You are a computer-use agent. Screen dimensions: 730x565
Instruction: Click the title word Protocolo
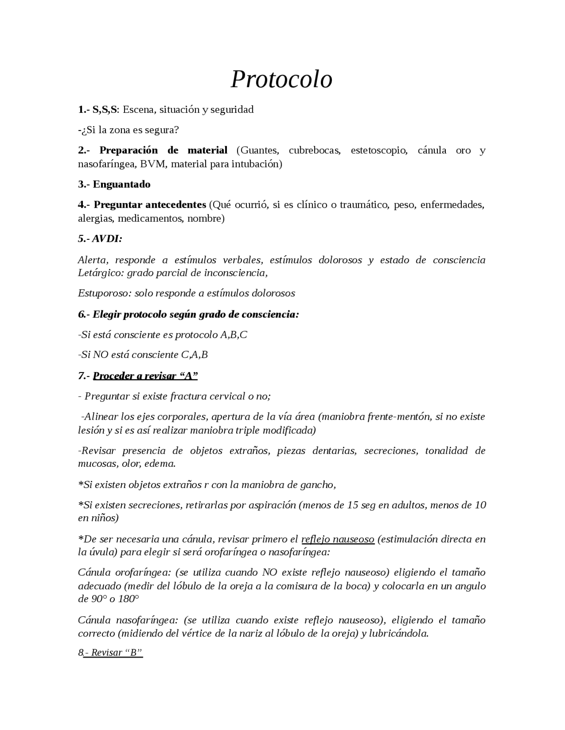click(281, 79)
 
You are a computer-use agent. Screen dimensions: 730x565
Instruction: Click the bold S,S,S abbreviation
click(105, 109)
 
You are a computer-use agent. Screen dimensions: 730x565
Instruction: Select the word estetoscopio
click(378, 150)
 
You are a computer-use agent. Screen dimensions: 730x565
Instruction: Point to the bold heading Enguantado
click(121, 184)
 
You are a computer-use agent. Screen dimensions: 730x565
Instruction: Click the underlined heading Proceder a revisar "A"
click(145, 376)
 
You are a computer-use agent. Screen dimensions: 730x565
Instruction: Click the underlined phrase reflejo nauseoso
click(338, 539)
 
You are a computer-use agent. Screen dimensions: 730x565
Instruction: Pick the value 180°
click(128, 600)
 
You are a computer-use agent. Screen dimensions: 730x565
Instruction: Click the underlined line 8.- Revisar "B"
click(110, 652)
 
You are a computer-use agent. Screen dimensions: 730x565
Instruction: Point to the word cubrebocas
click(315, 150)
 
